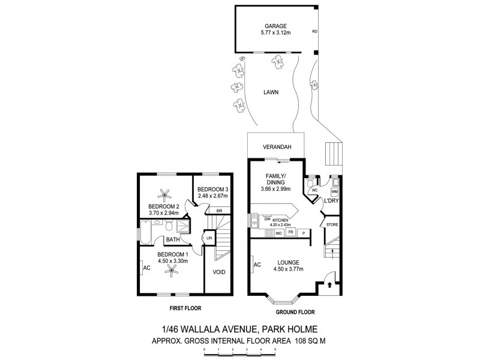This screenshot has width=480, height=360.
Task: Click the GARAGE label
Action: (x=277, y=26)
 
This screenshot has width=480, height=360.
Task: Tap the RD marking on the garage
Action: (x=315, y=31)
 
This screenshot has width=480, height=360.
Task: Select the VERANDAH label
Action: (x=277, y=147)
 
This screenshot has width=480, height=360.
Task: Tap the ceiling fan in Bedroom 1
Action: (x=174, y=270)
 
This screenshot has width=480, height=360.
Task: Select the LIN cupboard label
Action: (x=209, y=238)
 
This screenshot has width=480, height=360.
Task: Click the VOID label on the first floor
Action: (x=219, y=272)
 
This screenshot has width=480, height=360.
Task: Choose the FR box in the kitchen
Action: (x=290, y=232)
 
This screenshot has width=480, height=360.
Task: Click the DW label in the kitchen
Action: (x=268, y=220)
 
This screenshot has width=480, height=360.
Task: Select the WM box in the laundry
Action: (x=335, y=191)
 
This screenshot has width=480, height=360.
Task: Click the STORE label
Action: (x=332, y=224)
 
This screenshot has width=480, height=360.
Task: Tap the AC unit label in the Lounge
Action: (x=256, y=264)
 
